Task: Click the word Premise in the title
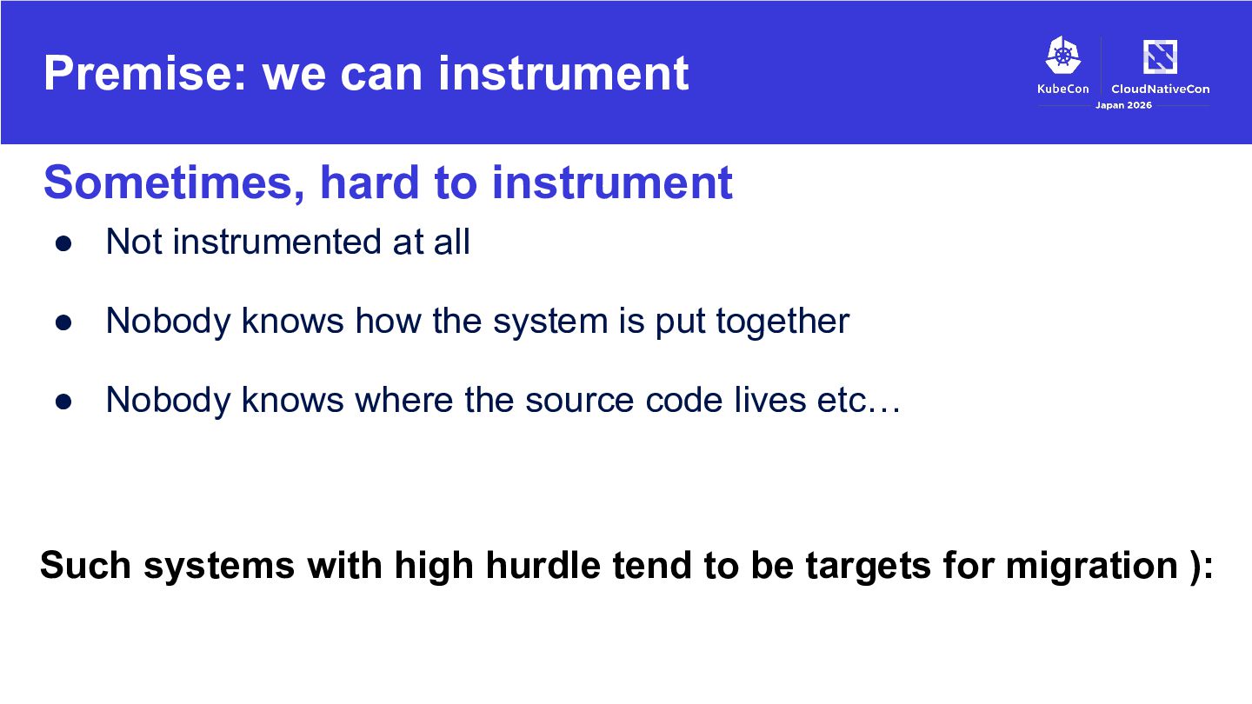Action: tap(144, 73)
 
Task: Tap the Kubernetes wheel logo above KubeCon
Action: tap(1063, 55)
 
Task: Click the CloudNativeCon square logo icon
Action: tap(1161, 56)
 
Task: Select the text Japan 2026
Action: tap(1123, 105)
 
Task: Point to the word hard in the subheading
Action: tap(369, 183)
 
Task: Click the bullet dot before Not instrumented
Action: tap(63, 243)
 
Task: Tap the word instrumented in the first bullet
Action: tap(276, 242)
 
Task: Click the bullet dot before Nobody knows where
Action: tap(63, 402)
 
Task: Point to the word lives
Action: tap(769, 400)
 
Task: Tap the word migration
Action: tap(1092, 566)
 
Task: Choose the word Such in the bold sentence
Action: tap(85, 565)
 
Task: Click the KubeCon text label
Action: tap(1063, 89)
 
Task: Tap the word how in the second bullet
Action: tap(388, 322)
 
